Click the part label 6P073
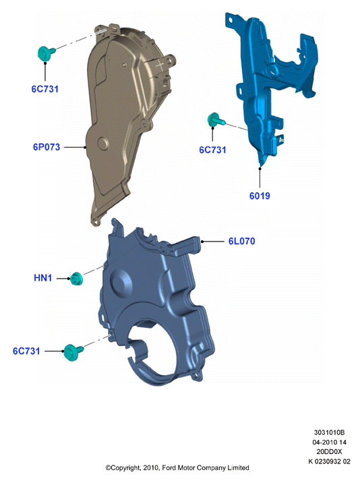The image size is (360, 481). coord(47,147)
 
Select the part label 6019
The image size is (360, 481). coord(260,196)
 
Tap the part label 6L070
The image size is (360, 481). coord(241,241)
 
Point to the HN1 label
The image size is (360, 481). coord(42,278)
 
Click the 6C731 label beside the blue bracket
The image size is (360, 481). coord(212,150)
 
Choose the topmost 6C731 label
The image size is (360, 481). coord(44,89)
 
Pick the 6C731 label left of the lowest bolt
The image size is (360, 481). coord(26,351)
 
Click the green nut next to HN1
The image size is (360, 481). coord(76,279)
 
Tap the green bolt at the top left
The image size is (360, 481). coord(46,53)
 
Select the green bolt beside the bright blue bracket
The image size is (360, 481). coord(215,119)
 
